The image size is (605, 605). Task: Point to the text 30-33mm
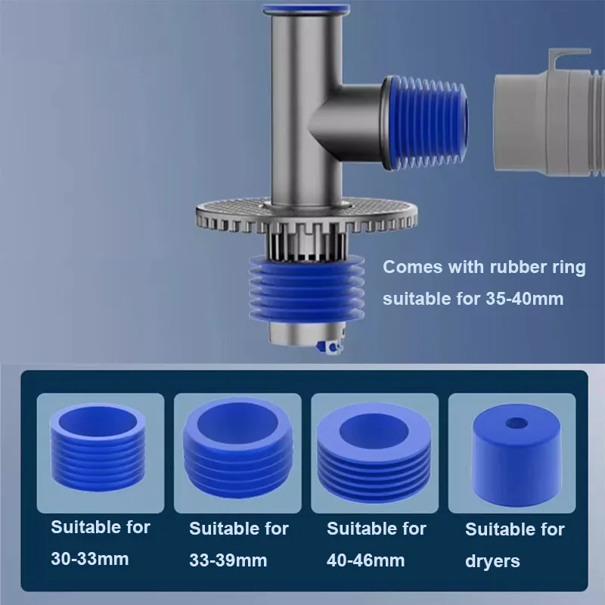89,559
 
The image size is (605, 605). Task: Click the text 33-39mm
228,560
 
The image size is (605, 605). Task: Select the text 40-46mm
365,560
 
